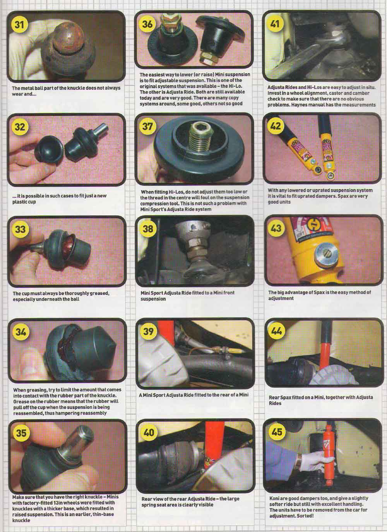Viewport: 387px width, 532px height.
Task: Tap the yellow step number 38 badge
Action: click(x=148, y=228)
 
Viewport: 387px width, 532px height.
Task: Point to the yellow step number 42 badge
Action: click(x=276, y=125)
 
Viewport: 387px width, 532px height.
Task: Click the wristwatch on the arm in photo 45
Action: click(x=299, y=460)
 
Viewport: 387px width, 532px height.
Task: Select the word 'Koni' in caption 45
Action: click(x=274, y=498)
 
